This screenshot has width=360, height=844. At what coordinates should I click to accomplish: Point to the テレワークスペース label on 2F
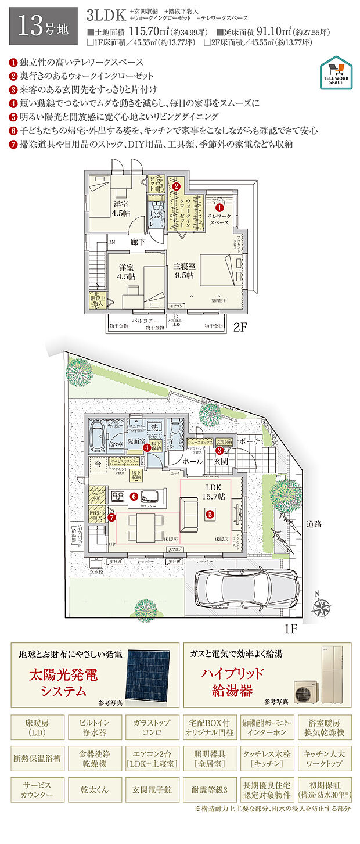pos(219,220)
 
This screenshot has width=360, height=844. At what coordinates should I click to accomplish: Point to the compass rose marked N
pos(320,607)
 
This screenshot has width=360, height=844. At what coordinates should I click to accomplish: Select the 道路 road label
pos(314,524)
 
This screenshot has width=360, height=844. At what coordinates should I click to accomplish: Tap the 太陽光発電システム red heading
pos(64,682)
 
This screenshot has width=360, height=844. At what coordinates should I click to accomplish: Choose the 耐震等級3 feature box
pos(206,790)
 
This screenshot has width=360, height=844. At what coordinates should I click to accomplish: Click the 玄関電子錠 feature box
pos(149,790)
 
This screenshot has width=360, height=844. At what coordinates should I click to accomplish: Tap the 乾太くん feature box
pos(92,790)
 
